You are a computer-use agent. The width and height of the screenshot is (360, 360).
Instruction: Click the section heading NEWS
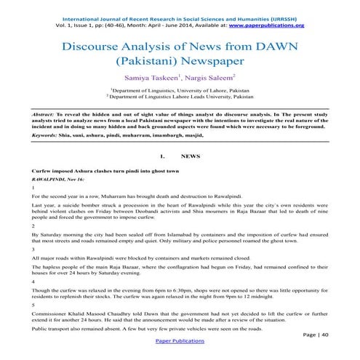point(190,156)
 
